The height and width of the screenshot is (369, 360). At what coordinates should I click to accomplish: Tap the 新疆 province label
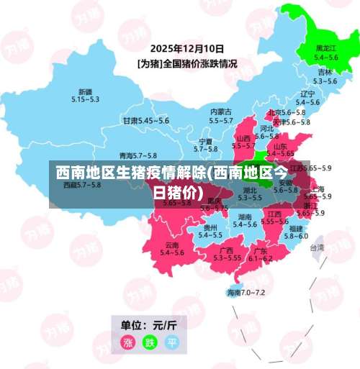pos(85,92)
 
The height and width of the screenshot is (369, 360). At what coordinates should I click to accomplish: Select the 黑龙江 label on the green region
pos(326,49)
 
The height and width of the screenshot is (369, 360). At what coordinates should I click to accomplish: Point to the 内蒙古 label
pos(220,111)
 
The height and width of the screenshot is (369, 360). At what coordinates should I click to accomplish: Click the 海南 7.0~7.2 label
pos(246,293)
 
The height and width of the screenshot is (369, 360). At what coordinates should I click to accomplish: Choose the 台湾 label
pos(317,247)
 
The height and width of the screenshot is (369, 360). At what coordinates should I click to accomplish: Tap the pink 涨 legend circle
pos(129,342)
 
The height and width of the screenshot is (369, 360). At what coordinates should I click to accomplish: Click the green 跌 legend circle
pos(150,342)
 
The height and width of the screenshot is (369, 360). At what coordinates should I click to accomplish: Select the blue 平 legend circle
pos(172,342)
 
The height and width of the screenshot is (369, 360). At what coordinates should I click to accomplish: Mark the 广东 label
pos(260,251)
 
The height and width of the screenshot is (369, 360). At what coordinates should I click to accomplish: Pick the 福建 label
pos(295,228)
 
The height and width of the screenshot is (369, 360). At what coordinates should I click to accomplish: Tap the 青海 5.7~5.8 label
pos(138,155)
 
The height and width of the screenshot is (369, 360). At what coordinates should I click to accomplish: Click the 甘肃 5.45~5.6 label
pos(145,121)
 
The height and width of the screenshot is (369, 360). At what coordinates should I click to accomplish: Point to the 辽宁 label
pos(307,94)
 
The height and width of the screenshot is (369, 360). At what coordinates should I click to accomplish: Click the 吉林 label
pos(325,73)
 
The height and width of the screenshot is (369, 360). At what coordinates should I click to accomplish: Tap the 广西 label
pos(226,250)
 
